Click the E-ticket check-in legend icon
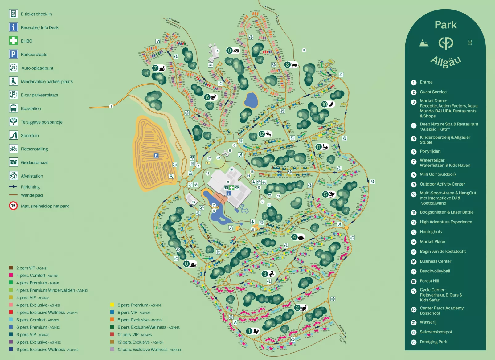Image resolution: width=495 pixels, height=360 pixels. [x=13, y=14]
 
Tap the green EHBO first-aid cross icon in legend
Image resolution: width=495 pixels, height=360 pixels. [x=13, y=41]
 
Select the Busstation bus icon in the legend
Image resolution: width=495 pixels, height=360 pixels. [x=13, y=108]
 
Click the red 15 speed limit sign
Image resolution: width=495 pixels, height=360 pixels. [x=13, y=206]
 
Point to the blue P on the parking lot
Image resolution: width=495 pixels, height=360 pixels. [x=156, y=156]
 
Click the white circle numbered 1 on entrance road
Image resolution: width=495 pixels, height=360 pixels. [x=111, y=106]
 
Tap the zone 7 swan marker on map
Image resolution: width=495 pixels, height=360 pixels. [x=159, y=68]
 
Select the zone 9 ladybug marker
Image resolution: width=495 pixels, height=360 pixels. [x=233, y=51]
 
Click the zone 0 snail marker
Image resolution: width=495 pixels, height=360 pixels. [x=190, y=264]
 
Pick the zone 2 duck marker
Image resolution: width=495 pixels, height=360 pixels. [x=301, y=308]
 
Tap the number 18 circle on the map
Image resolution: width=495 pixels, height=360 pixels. [x=304, y=50]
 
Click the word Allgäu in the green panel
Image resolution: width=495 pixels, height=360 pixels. [x=446, y=61]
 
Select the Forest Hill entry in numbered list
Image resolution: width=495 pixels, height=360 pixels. [x=429, y=281]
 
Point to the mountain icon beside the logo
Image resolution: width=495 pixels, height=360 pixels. [x=424, y=43]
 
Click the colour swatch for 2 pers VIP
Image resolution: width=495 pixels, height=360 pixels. [x=11, y=268]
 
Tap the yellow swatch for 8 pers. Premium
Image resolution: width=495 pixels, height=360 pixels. [x=112, y=305]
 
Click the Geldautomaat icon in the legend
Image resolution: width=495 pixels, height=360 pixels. [x=13, y=162]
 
